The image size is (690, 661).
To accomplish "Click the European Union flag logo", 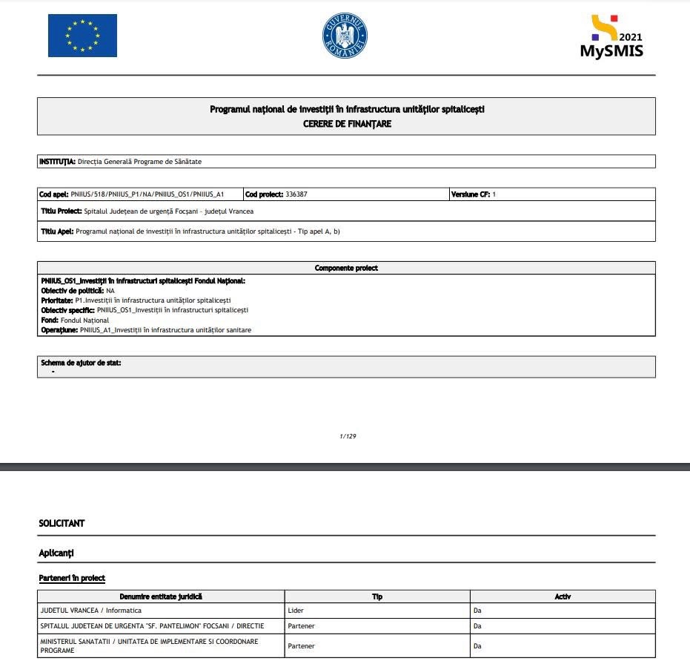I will pos(82,36).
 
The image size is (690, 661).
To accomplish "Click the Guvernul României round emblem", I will pos(345,36).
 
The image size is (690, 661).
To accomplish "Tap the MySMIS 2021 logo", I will pos(611,37).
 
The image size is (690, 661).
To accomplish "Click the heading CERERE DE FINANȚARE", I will pos(347,124).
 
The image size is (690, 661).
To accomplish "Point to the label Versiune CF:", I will pos(470,194).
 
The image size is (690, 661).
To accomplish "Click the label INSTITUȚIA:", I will pos(57,161).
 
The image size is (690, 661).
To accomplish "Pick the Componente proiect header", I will pos(346,268).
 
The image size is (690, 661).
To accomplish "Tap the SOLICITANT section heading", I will pos(62,523).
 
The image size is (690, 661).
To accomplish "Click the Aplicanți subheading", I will pos(56,553).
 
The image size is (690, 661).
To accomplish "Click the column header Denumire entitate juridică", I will pos(161,596).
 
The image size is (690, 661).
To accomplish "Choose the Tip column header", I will pos(376,596).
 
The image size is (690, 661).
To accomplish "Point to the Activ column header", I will pos(563,596).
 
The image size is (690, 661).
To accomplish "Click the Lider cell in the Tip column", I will pos(296,611).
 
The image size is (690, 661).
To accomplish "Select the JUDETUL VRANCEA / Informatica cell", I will pos(87,611).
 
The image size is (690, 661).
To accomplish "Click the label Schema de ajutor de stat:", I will pos(81,363).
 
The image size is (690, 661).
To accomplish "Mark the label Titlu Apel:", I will pos(57,231).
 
